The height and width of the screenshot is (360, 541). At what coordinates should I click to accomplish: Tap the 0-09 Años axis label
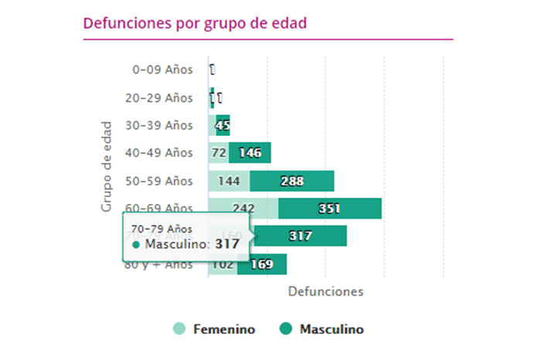(x=162, y=70)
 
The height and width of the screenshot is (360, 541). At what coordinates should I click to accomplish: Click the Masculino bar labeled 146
(x=250, y=153)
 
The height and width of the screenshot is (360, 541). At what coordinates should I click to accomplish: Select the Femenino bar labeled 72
(x=218, y=153)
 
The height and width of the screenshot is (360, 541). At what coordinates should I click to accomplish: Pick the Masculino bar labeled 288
(x=291, y=181)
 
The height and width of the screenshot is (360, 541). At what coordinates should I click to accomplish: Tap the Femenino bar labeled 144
(x=229, y=181)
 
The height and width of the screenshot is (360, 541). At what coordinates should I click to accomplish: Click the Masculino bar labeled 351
(x=330, y=209)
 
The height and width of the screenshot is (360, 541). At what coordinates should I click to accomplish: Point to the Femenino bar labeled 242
(x=243, y=209)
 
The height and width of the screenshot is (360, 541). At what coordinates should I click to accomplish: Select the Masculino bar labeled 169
(x=262, y=264)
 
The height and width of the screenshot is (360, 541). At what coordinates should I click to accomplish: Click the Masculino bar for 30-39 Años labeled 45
(x=223, y=125)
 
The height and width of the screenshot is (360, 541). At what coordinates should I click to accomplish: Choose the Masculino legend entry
(x=321, y=329)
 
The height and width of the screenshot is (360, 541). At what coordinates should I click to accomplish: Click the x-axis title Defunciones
(x=325, y=292)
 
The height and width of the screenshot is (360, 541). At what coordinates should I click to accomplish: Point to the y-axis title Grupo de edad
(x=107, y=166)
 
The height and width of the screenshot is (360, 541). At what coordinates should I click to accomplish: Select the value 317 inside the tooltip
(x=227, y=244)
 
